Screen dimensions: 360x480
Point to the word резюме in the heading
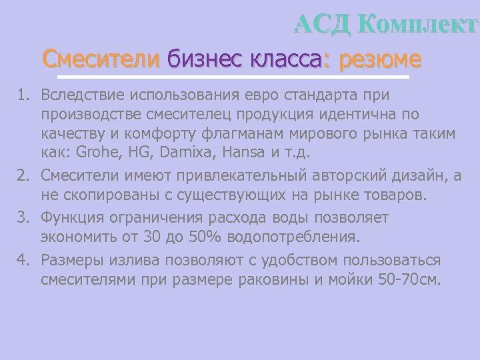pyautogui.click(x=380, y=59)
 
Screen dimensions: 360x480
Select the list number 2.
pyautogui.click(x=22, y=175)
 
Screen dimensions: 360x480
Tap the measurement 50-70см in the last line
pyautogui.click(x=407, y=279)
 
